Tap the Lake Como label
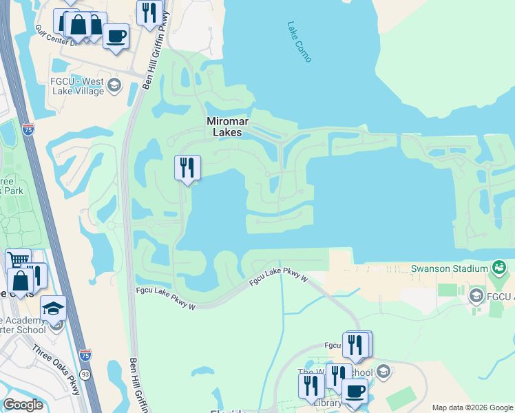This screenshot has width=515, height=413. tap(299, 41)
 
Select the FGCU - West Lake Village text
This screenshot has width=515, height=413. tap(74, 87)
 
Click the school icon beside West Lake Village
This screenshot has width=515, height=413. tap(114, 86)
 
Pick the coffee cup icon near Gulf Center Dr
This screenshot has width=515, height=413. tap(116, 35)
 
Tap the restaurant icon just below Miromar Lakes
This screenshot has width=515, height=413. tap(187, 168)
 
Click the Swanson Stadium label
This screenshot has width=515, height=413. tap(449, 268)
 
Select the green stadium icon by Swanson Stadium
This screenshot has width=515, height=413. tap(500, 267)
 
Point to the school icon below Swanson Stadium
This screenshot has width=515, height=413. tap(475, 297)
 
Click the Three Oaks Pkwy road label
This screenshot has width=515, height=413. tap(56, 368)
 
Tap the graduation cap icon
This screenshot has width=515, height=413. tap(53, 309)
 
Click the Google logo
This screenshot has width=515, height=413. tap(23, 405)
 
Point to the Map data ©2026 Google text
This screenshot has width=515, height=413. tap(472, 407)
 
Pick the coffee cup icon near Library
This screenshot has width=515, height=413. tap(355, 391)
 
